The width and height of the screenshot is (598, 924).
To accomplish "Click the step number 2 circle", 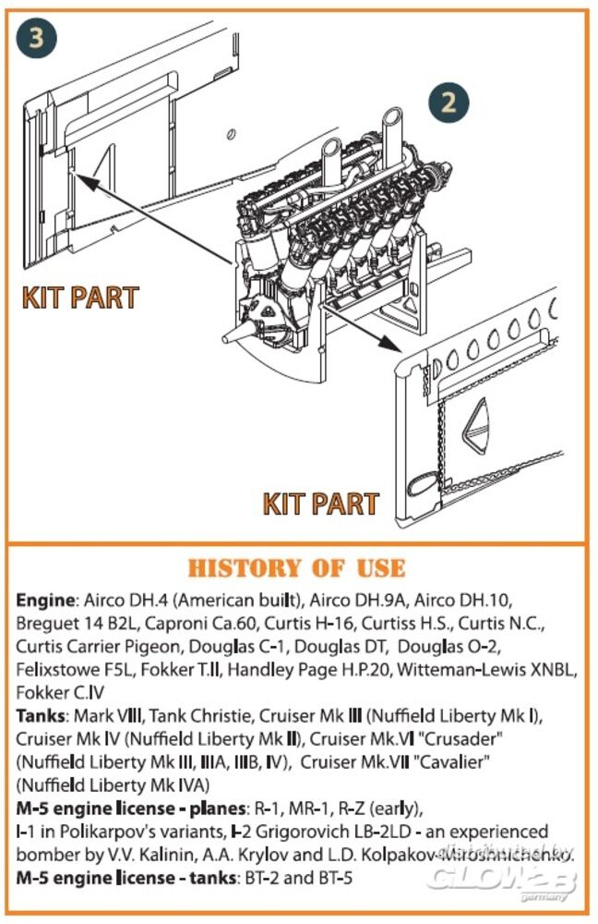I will point(447,101).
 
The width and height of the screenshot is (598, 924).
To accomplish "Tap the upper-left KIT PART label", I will point(79,298).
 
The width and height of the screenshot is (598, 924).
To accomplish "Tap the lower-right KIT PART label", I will point(320,504).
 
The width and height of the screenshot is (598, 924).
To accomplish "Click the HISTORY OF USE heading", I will point(296,567).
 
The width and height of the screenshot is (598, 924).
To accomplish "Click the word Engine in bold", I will point(42,600).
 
